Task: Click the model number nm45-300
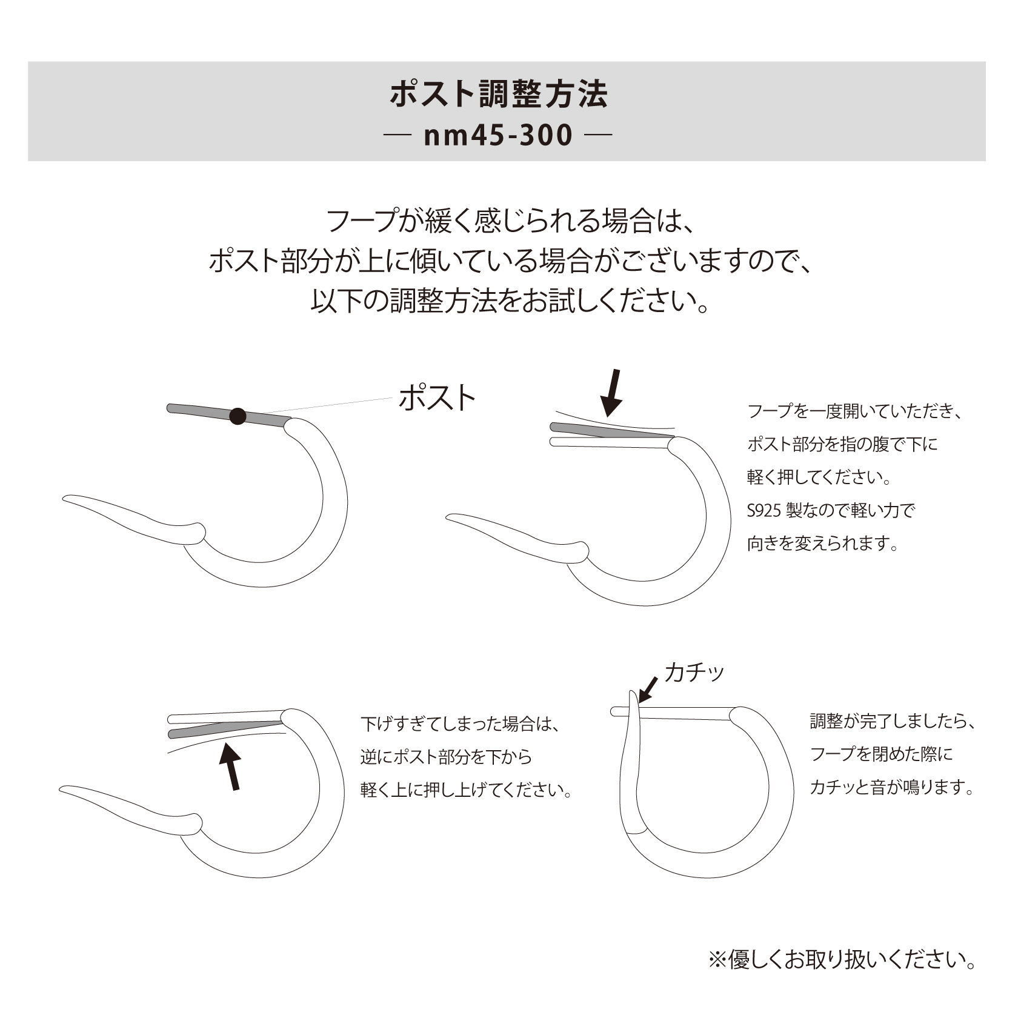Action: pyautogui.click(x=498, y=136)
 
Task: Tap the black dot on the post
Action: pyautogui.click(x=238, y=416)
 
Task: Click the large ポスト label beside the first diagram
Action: pyautogui.click(x=437, y=399)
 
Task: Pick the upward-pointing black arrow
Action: pyautogui.click(x=230, y=767)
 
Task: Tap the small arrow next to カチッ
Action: pyautogui.click(x=648, y=690)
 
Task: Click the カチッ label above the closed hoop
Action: pyautogui.click(x=694, y=672)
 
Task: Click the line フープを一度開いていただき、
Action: pyautogui.click(x=855, y=411)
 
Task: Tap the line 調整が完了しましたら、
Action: pyautogui.click(x=893, y=721)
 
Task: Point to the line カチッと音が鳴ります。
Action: pyautogui.click(x=892, y=787)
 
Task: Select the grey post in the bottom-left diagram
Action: pyautogui.click(x=226, y=728)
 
